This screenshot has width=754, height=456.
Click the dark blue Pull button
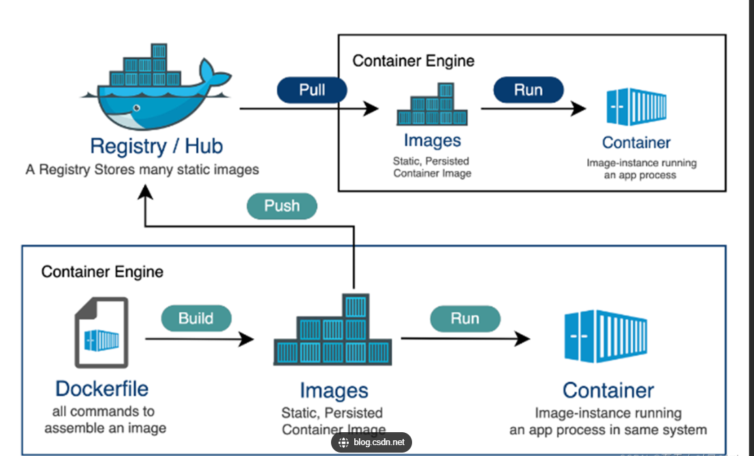[312, 90]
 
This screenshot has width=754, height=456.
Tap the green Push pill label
[282, 206]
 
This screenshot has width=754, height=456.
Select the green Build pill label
[196, 318]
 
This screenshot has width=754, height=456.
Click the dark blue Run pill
[529, 90]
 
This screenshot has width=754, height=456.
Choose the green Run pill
[465, 318]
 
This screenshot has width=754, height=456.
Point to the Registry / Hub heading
[156, 146]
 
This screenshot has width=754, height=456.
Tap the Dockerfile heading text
[101, 389]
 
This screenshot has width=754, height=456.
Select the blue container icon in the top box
[636, 107]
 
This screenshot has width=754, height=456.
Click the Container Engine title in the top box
[413, 61]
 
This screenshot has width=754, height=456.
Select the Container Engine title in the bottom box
[102, 272]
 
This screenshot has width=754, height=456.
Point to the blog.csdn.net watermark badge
[371, 442]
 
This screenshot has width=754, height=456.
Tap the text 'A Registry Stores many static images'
[142, 169]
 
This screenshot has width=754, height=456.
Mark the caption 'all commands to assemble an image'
[105, 420]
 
